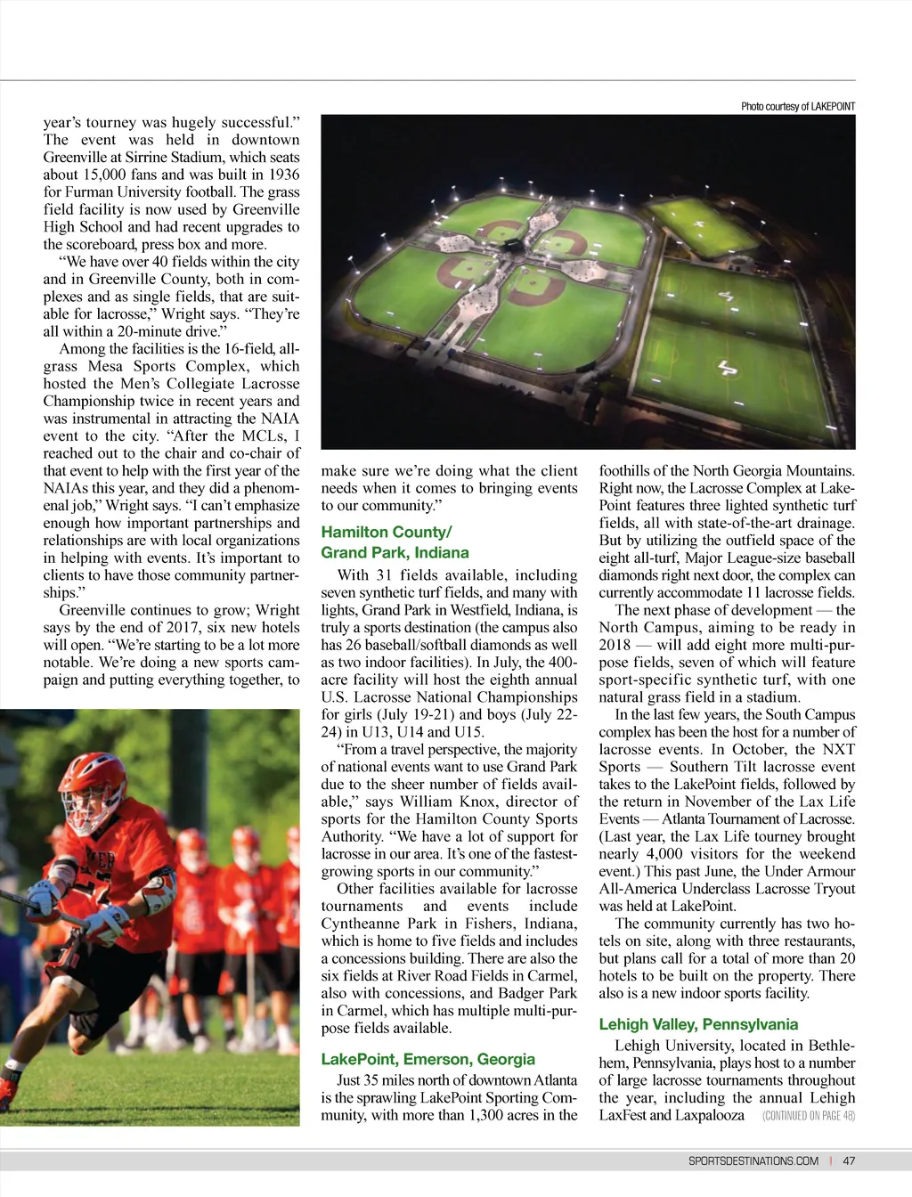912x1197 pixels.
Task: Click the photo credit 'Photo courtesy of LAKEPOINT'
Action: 797,107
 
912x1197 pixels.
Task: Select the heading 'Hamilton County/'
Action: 387,533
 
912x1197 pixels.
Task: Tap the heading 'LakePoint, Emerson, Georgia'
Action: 427,1059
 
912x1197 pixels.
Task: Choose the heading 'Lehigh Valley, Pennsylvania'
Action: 698,1024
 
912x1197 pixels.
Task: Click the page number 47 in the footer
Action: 849,1160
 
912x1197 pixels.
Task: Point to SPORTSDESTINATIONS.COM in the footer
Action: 753,1160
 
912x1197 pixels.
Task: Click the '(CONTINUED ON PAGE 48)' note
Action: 809,1116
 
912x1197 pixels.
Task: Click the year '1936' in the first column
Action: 281,175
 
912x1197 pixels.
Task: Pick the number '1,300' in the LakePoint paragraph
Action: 495,1115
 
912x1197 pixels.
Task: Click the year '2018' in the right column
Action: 615,645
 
